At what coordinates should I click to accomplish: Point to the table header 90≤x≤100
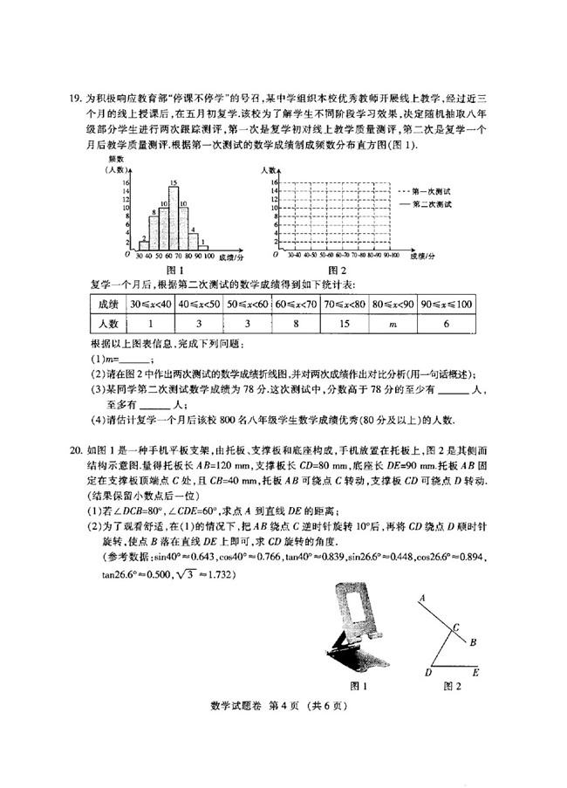(446, 304)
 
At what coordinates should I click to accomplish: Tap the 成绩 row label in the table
(108, 304)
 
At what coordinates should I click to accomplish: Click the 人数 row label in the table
(108, 325)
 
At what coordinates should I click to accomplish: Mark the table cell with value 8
(297, 325)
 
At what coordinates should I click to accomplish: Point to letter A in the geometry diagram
(421, 598)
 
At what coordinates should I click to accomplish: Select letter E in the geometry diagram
(475, 674)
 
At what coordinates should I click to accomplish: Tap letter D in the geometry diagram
(427, 674)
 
